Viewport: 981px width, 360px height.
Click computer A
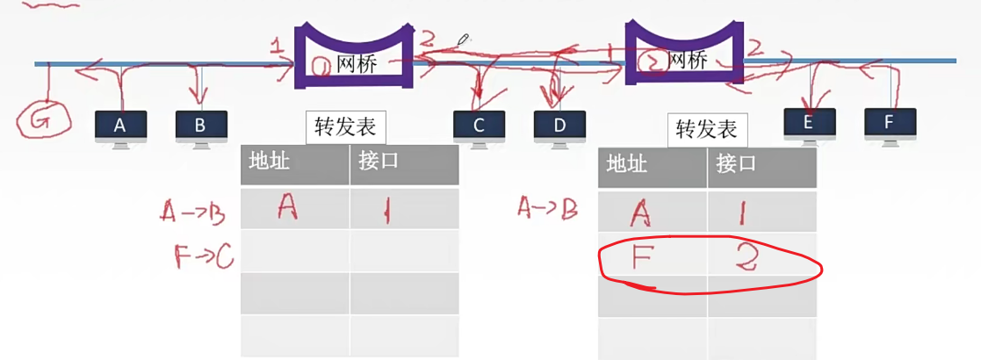coord(120,126)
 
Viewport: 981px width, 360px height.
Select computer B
coord(200,126)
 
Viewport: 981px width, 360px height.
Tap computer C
coord(479,126)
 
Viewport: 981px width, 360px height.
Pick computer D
coord(559,126)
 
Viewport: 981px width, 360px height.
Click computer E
coord(809,123)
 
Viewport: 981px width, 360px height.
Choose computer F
coord(889,123)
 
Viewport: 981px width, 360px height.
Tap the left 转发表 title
coord(345,127)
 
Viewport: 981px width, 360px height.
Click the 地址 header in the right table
coord(627,164)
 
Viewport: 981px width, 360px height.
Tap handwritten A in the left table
coord(287,207)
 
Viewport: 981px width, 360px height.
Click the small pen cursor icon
coord(464,40)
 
